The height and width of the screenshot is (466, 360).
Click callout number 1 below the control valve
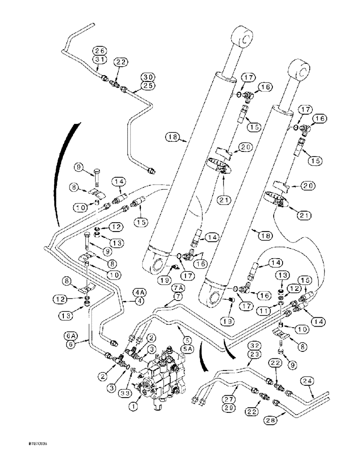134,406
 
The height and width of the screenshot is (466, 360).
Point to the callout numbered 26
98,51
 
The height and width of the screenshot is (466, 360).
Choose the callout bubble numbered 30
148,76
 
